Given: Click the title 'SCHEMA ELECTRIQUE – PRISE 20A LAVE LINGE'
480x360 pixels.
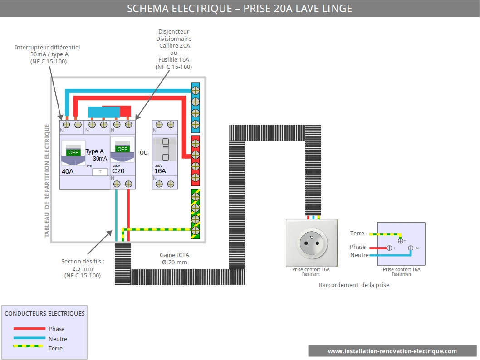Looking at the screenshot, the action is tap(240, 9).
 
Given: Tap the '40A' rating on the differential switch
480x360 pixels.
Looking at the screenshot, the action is tap(68, 171).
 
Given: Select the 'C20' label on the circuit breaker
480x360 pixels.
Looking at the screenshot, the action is tap(118, 171).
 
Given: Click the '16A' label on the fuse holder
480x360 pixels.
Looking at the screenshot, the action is tap(160, 171).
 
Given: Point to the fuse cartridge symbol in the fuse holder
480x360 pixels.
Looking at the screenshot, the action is tap(165, 149).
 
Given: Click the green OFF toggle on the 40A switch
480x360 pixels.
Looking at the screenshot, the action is tap(73, 152).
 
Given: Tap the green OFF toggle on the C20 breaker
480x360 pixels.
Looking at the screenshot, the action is tap(122, 149).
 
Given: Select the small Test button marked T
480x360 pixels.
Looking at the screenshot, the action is tap(100, 172).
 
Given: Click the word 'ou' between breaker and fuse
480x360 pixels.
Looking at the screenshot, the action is tap(143, 152).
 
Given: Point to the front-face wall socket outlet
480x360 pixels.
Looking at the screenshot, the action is tap(312, 243).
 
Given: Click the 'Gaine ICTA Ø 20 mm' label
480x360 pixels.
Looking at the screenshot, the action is tap(174, 259).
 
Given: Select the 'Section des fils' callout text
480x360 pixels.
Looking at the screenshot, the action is tap(83, 268).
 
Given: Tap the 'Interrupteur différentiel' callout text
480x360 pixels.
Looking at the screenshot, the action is tap(48, 54).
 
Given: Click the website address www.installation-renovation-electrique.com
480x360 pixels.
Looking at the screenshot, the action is tap(392, 351).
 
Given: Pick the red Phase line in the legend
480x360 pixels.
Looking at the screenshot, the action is tap(29, 329).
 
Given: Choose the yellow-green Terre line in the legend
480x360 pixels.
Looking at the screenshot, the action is tap(28, 346).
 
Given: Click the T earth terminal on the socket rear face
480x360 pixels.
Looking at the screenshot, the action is tap(401, 241).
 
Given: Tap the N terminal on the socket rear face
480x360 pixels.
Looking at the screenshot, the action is tap(411, 248).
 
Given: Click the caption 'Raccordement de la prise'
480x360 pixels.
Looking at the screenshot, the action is tap(354, 285).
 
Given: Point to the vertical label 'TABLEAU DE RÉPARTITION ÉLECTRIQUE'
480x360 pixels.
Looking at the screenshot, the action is tap(47, 181).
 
